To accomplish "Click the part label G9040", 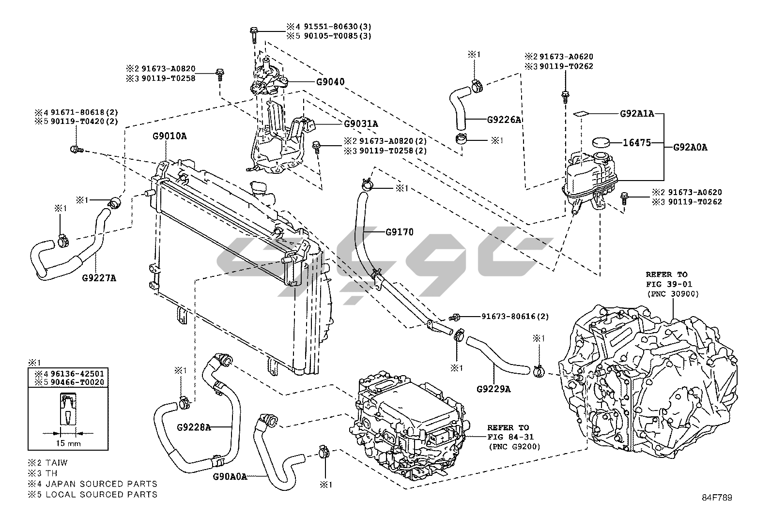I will point(330,82).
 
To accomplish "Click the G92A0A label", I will point(690,148).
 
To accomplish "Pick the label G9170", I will point(400,232).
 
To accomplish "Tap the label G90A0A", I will point(230,476).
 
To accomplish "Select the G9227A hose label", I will point(99,278).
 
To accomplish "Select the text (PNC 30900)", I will point(673,294).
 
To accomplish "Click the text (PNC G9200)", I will point(514,446).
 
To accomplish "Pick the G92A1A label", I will point(637,114).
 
